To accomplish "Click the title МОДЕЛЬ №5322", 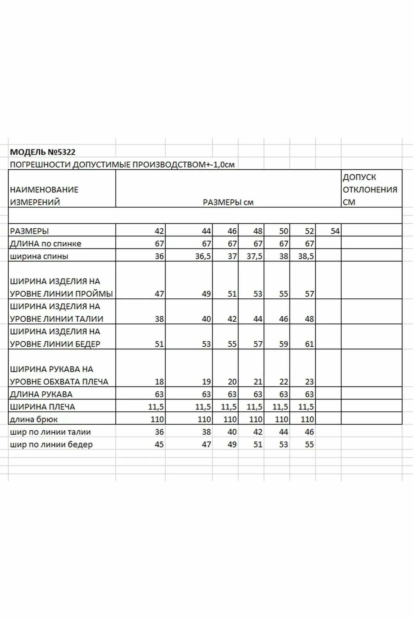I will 43,152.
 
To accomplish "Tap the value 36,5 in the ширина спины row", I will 203,256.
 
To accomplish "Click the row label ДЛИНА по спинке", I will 46,244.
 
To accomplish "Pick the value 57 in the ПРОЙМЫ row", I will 309,294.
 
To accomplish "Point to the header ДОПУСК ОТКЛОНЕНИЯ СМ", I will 370,189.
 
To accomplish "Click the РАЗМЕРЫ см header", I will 228,202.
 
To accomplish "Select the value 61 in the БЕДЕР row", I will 309,344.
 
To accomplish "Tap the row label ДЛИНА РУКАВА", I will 41,394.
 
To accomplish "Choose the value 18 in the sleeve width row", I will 159,382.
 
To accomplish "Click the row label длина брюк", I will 34,419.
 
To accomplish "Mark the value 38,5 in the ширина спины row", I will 306,256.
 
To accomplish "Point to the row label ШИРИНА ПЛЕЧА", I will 42,407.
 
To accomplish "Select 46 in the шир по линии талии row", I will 309,432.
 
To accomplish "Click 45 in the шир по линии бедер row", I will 159,444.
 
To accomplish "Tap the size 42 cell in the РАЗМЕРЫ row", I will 159,231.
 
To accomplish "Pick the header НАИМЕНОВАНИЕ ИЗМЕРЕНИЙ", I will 44,196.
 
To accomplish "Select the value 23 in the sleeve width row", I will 309,382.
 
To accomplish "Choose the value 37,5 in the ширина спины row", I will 254,256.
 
